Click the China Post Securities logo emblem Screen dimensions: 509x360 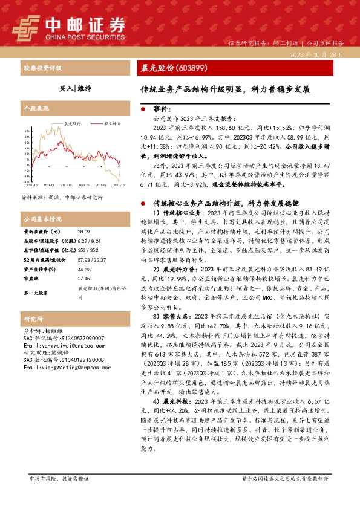click(28, 26)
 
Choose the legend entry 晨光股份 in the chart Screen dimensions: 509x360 click(72, 123)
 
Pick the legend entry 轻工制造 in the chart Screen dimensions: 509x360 click(111, 123)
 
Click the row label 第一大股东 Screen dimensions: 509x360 click(36, 293)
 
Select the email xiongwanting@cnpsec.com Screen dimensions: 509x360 click(61, 366)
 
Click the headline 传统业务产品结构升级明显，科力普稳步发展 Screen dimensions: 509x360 click(224, 88)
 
